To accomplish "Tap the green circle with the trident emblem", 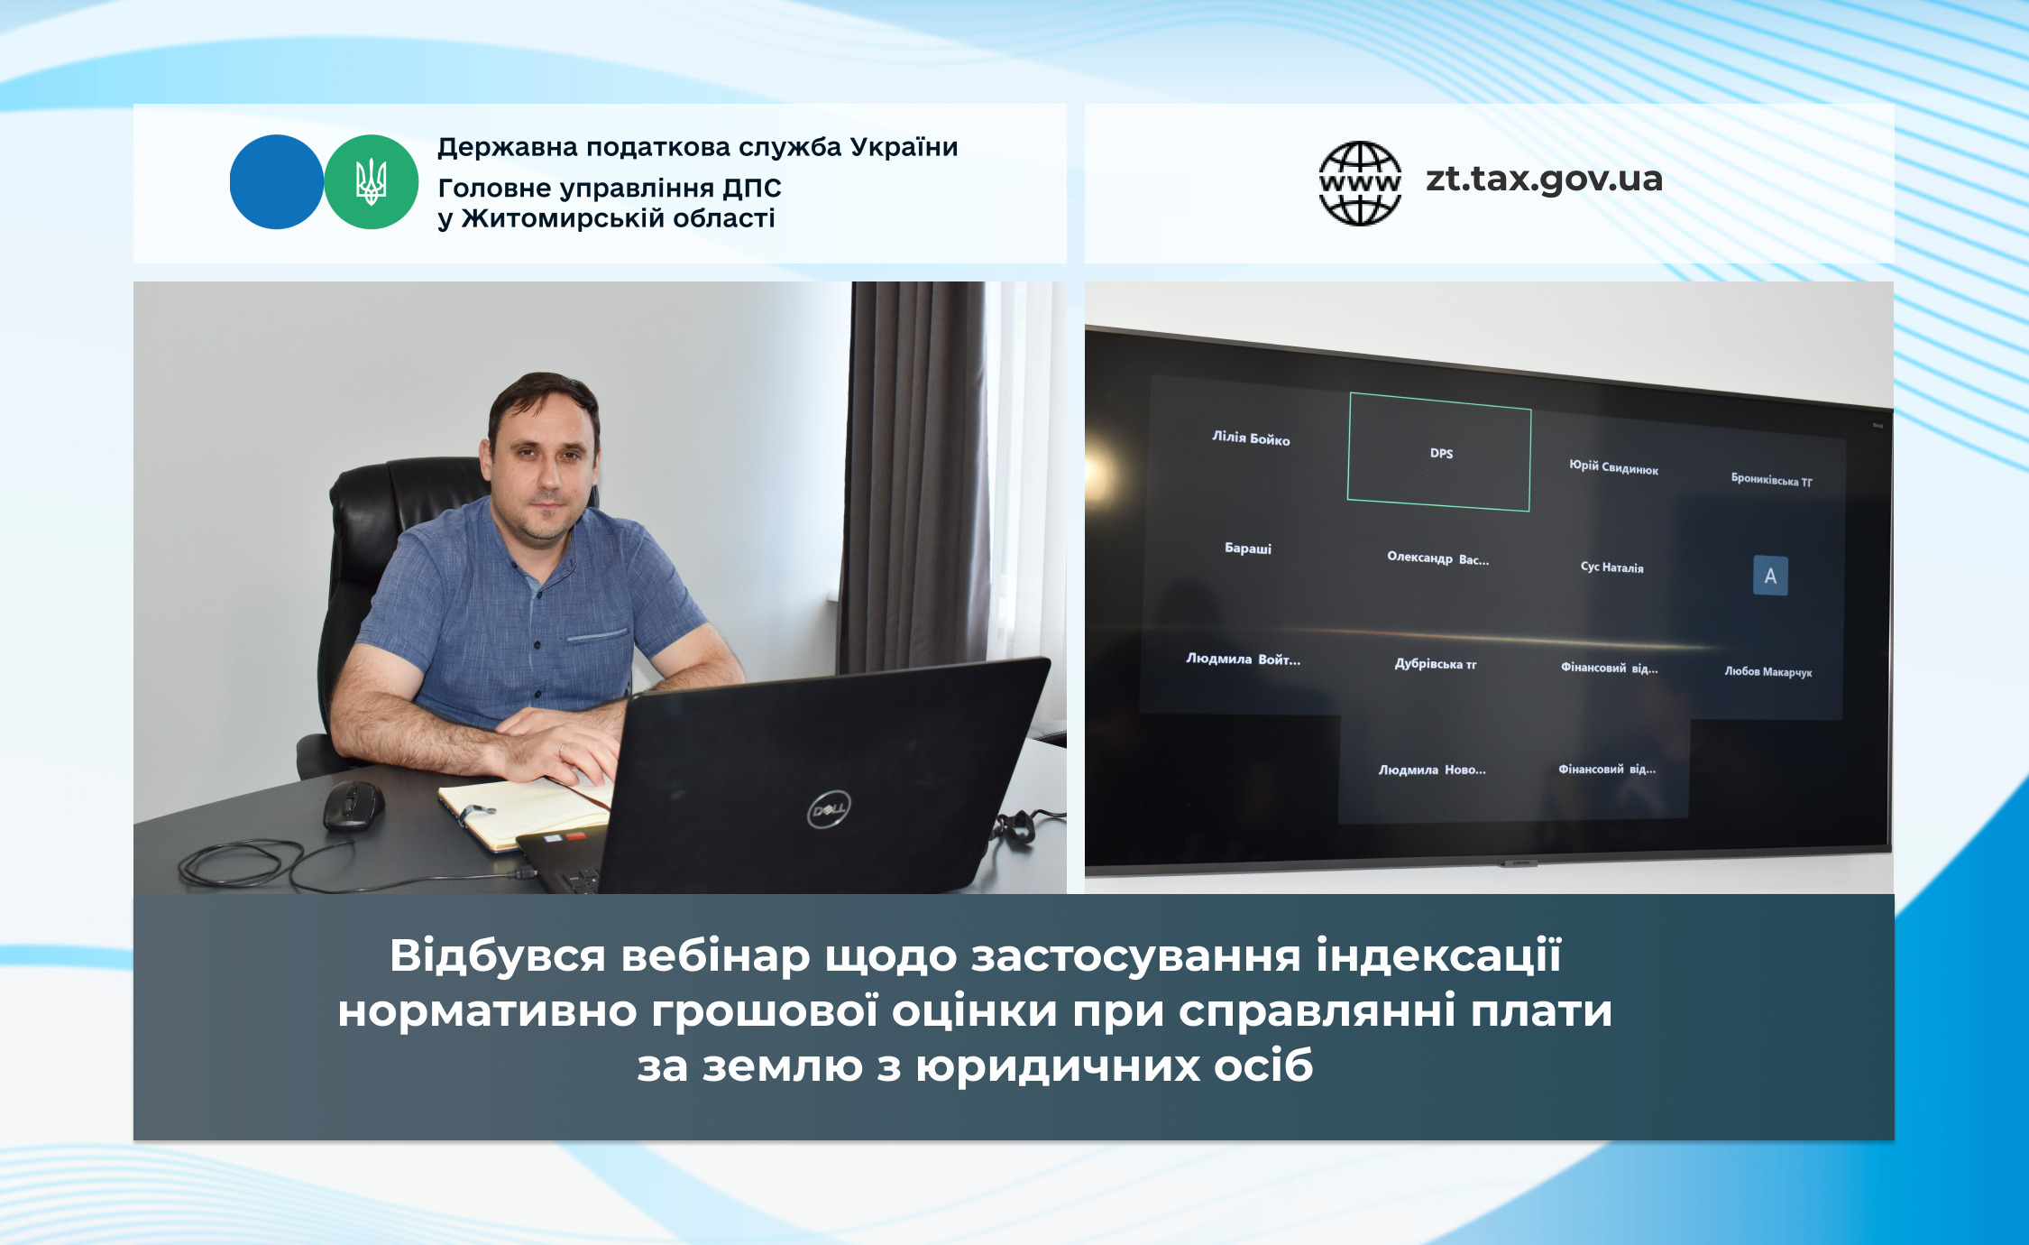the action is [372, 181].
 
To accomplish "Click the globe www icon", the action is [1360, 183].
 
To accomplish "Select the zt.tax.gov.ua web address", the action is [1544, 180].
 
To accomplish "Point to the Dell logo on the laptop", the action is [829, 807].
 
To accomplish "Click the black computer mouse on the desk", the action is [353, 804].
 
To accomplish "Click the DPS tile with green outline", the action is [1439, 452].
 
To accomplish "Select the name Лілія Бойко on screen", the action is [1251, 438].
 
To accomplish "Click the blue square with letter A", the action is [1770, 576].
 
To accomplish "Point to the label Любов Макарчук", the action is [1768, 671].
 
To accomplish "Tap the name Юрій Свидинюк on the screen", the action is [1613, 466].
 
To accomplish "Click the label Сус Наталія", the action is [1612, 567].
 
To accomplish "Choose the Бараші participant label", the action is [1248, 548].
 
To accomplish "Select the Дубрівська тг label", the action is [1436, 664].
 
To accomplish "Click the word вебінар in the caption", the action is [715, 955].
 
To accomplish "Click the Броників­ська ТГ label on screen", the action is [1771, 480].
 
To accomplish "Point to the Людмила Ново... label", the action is [1432, 770].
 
